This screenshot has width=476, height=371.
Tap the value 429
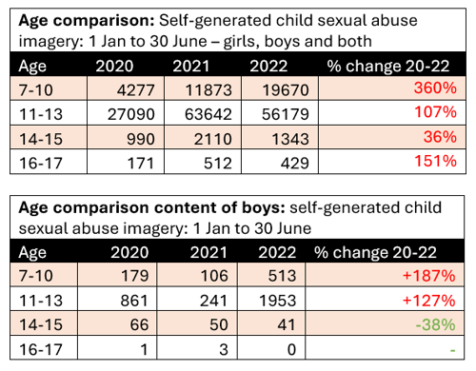pyautogui.click(x=294, y=163)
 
